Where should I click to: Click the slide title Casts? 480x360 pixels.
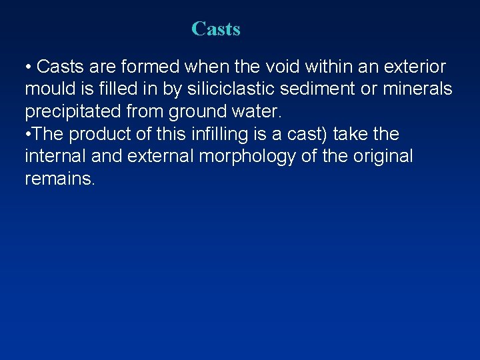click(x=215, y=29)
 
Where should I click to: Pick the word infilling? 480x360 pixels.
click(x=217, y=134)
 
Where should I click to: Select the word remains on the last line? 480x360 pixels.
click(x=58, y=179)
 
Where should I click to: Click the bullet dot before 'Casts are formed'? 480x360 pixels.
click(x=28, y=67)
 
